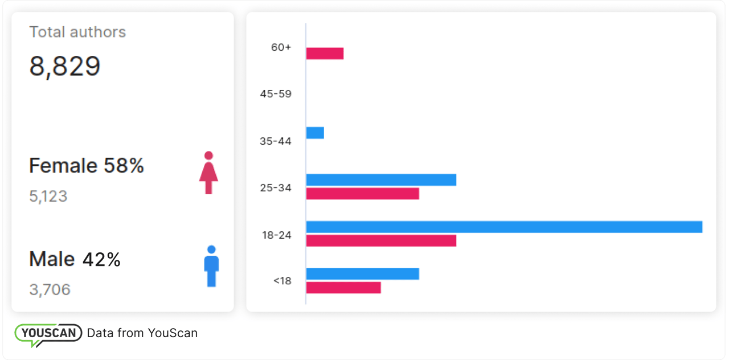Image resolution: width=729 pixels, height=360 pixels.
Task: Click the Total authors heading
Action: (x=77, y=32)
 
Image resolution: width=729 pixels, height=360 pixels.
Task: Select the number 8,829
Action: (x=65, y=66)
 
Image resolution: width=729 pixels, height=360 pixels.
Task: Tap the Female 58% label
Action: (x=87, y=166)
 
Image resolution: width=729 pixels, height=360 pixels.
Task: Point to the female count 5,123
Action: (x=48, y=197)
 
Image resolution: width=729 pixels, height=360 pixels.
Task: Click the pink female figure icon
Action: (x=208, y=173)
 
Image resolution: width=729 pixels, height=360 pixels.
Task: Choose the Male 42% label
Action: (x=75, y=260)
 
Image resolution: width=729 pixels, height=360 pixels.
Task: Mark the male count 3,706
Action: (x=50, y=290)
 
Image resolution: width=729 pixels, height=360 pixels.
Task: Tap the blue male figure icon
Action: (x=211, y=266)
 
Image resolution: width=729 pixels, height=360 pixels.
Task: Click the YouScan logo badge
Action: (x=48, y=333)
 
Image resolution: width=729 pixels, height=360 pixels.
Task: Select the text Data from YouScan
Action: (x=142, y=333)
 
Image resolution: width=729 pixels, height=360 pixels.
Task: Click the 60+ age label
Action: (x=281, y=47)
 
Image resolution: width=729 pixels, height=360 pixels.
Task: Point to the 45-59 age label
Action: (x=276, y=94)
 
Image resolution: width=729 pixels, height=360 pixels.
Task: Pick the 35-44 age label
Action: (x=276, y=141)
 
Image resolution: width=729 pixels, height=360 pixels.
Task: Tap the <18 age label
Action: (x=282, y=281)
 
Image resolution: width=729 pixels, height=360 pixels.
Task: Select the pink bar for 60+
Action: (x=325, y=54)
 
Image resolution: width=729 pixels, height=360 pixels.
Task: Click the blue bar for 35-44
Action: (x=315, y=133)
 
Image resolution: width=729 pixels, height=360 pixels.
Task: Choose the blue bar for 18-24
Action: (x=504, y=227)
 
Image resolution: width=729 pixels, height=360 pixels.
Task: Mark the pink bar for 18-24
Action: (x=381, y=240)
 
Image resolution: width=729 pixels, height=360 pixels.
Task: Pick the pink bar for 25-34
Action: (x=362, y=194)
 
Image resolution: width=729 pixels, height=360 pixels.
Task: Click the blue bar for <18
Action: (x=362, y=273)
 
